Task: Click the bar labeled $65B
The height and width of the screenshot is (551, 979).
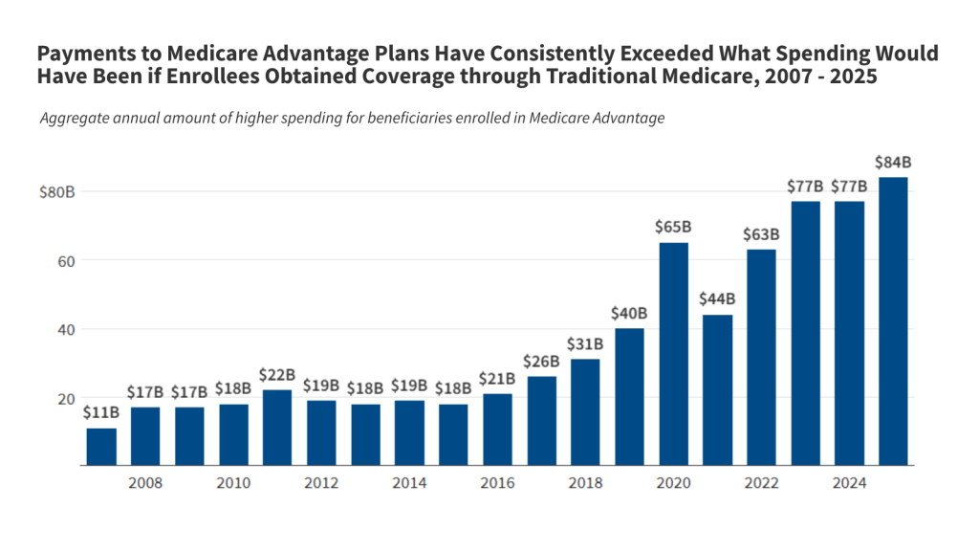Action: pos(673,354)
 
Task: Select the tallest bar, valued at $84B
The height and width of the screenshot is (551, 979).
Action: pos(893,321)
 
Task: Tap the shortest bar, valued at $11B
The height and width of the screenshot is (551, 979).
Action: pos(101,447)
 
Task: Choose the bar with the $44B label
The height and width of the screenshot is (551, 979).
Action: pos(717,390)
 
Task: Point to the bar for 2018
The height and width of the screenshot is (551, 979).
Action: pos(585,412)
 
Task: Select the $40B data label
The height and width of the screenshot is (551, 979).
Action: pos(629,313)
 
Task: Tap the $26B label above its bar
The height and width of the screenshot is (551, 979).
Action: pos(541,361)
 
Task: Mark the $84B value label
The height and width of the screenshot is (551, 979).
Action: pos(893,161)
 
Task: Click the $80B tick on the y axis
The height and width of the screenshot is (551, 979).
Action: pos(56,191)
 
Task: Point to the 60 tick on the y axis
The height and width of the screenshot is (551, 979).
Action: pos(65,260)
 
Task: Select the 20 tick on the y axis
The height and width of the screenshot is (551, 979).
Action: pos(65,398)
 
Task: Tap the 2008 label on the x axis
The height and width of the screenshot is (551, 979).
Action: pos(145,483)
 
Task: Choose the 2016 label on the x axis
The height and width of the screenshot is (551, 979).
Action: pos(497,483)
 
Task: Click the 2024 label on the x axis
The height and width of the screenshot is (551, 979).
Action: pos(849,483)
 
